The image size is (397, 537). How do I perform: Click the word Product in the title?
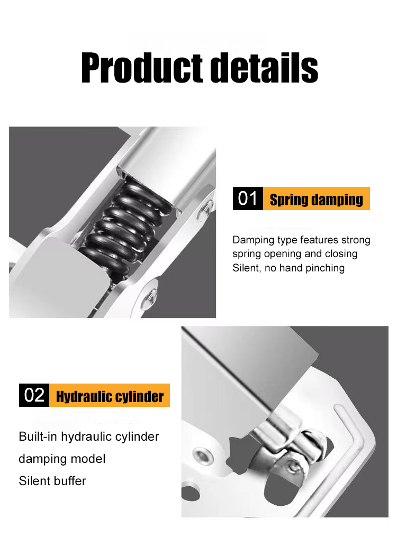click(x=142, y=68)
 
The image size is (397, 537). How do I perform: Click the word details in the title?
click(x=264, y=68)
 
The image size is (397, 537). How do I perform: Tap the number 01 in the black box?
click(x=248, y=198)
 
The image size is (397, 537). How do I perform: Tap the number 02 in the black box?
click(x=34, y=395)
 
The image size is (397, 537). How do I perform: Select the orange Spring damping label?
click(x=316, y=198)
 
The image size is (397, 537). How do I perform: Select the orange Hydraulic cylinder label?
click(x=110, y=396)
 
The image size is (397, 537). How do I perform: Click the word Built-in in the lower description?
click(x=38, y=436)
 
